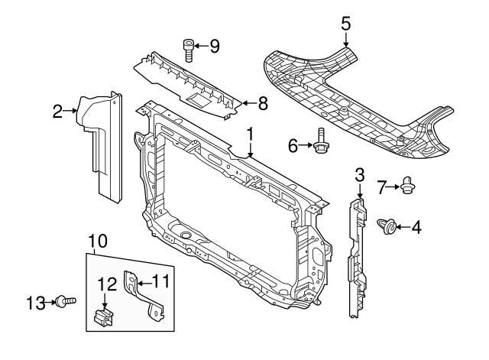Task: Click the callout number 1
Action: (249, 135)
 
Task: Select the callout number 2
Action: (57, 112)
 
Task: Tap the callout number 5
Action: (345, 23)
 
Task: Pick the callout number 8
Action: (262, 103)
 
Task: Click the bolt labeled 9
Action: (189, 47)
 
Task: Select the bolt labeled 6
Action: (321, 143)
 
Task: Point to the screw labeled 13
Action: (66, 303)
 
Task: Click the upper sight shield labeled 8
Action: (187, 84)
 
